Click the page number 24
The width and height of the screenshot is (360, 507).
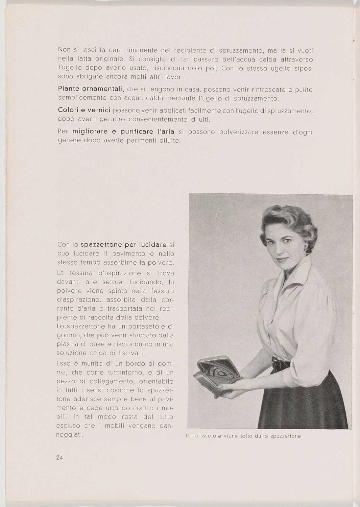[60, 458]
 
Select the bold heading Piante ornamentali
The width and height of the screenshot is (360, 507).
[92, 89]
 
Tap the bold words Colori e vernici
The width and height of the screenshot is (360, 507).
[84, 111]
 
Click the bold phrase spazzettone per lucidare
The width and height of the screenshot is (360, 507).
[124, 244]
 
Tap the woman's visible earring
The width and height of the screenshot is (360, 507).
[305, 248]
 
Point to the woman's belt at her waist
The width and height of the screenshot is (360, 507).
[282, 364]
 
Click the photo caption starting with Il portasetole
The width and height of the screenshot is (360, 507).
[243, 436]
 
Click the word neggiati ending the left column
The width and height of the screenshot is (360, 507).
[70, 435]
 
